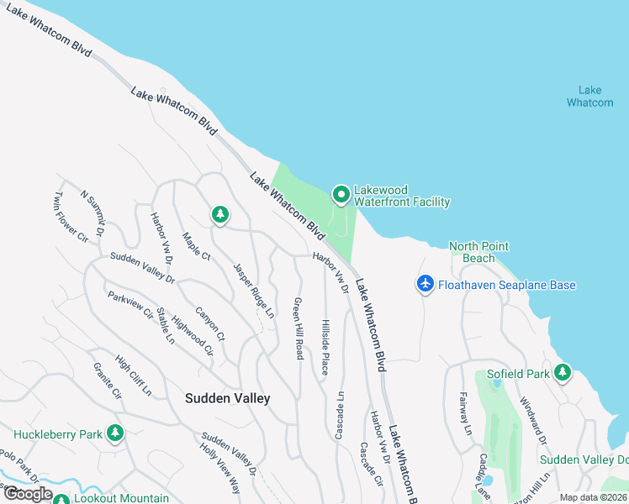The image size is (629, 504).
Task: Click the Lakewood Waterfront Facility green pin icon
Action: [341, 195]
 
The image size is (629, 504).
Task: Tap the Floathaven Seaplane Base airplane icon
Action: [425, 285]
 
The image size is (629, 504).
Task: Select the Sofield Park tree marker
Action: [562, 372]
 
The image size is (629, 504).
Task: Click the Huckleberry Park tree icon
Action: [115, 433]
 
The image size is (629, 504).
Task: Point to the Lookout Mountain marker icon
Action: [61, 500]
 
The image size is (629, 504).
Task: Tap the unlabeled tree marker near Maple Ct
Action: [219, 215]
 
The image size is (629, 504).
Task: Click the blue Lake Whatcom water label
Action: [589, 97]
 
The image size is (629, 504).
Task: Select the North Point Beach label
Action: [478, 252]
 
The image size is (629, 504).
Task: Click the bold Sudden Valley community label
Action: [228, 398]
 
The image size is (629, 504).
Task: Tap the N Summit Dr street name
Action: [91, 213]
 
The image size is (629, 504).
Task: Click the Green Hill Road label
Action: [298, 328]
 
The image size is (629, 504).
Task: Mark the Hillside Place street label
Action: [325, 347]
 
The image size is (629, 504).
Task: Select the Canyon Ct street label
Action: [210, 323]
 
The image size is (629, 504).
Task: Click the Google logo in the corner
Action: [28, 494]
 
